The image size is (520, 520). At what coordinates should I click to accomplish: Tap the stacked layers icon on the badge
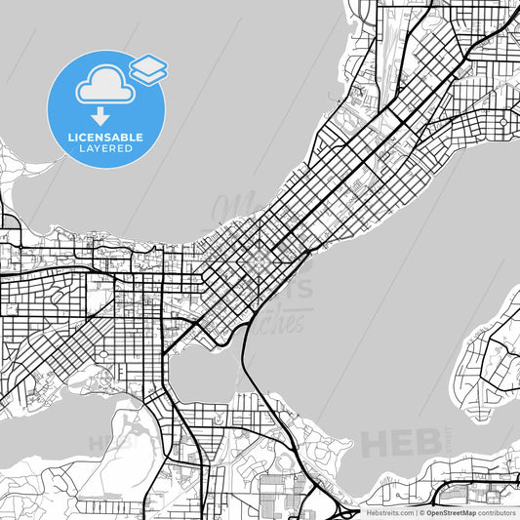click(x=148, y=68)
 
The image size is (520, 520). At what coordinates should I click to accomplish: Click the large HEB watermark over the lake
click(x=399, y=442)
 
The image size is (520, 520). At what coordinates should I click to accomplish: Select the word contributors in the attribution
click(x=497, y=512)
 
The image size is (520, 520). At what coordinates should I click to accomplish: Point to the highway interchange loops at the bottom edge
click(x=345, y=509)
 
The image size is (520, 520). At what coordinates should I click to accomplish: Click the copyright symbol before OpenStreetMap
click(x=421, y=512)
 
